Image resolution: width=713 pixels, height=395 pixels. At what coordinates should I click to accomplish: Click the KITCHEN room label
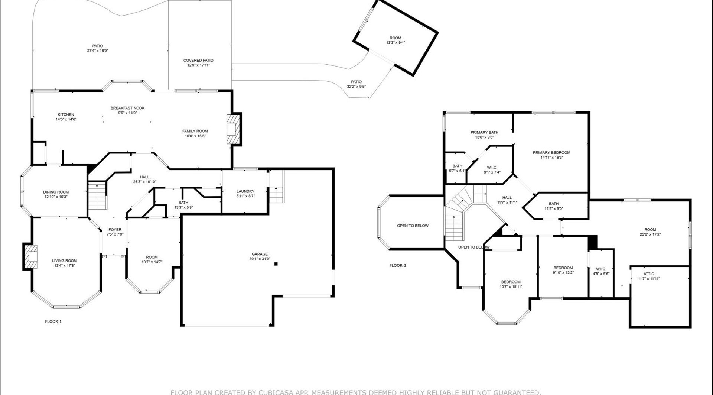pyautogui.click(x=66, y=114)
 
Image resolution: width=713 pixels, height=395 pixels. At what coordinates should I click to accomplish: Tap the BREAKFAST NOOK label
pyautogui.click(x=128, y=108)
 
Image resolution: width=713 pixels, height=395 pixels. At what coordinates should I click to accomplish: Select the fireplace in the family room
pyautogui.click(x=234, y=129)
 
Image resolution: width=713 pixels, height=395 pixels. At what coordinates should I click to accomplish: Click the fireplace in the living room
pyautogui.click(x=30, y=256)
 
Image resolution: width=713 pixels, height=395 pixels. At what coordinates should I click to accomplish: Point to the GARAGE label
pyautogui.click(x=260, y=254)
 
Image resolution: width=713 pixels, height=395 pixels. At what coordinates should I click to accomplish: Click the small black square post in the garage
pyautogui.click(x=276, y=264)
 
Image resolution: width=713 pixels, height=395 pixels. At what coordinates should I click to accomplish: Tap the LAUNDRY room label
pyautogui.click(x=245, y=191)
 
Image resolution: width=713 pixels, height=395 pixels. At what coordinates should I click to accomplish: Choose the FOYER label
pyautogui.click(x=115, y=230)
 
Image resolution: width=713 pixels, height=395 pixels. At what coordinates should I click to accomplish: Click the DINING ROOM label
pyautogui.click(x=56, y=192)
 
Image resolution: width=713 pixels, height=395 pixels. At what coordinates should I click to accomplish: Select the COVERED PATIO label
pyautogui.click(x=198, y=60)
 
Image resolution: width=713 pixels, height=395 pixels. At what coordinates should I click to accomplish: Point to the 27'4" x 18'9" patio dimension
pyautogui.click(x=98, y=51)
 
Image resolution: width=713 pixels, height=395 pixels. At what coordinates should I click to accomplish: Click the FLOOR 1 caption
pyautogui.click(x=53, y=321)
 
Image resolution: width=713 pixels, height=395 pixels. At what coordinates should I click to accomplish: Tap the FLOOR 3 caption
pyautogui.click(x=398, y=265)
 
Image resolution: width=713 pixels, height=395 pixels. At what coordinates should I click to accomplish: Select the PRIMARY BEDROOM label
pyautogui.click(x=551, y=152)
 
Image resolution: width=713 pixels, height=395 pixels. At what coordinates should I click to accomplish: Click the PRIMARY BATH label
pyautogui.click(x=484, y=132)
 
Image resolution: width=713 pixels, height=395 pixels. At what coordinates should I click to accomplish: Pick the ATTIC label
pyautogui.click(x=649, y=274)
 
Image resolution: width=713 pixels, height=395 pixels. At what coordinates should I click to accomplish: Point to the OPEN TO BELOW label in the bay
pyautogui.click(x=413, y=226)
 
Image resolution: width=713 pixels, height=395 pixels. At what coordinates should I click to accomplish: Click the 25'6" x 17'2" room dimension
pyautogui.click(x=650, y=234)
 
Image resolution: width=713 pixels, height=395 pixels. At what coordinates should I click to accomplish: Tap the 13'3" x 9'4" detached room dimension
pyautogui.click(x=395, y=43)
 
